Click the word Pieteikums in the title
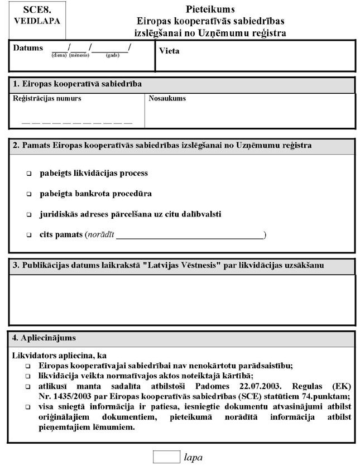210,9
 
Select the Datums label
28,48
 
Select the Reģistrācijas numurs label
47,99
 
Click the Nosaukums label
167,99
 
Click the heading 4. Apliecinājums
45,338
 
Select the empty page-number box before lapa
166,456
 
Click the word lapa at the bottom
193,457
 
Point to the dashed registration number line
77,121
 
